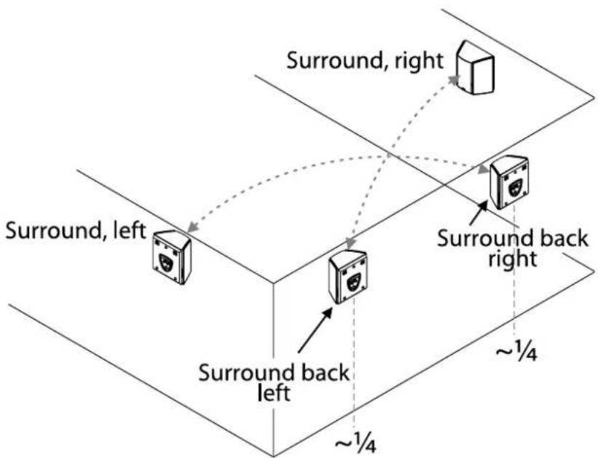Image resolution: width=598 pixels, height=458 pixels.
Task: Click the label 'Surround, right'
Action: click(365, 60)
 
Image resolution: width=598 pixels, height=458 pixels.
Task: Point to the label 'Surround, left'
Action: click(75, 233)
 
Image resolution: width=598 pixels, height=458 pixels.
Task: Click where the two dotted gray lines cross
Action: click(387, 157)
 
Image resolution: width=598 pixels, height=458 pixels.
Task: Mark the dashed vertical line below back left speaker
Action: click(353, 364)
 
